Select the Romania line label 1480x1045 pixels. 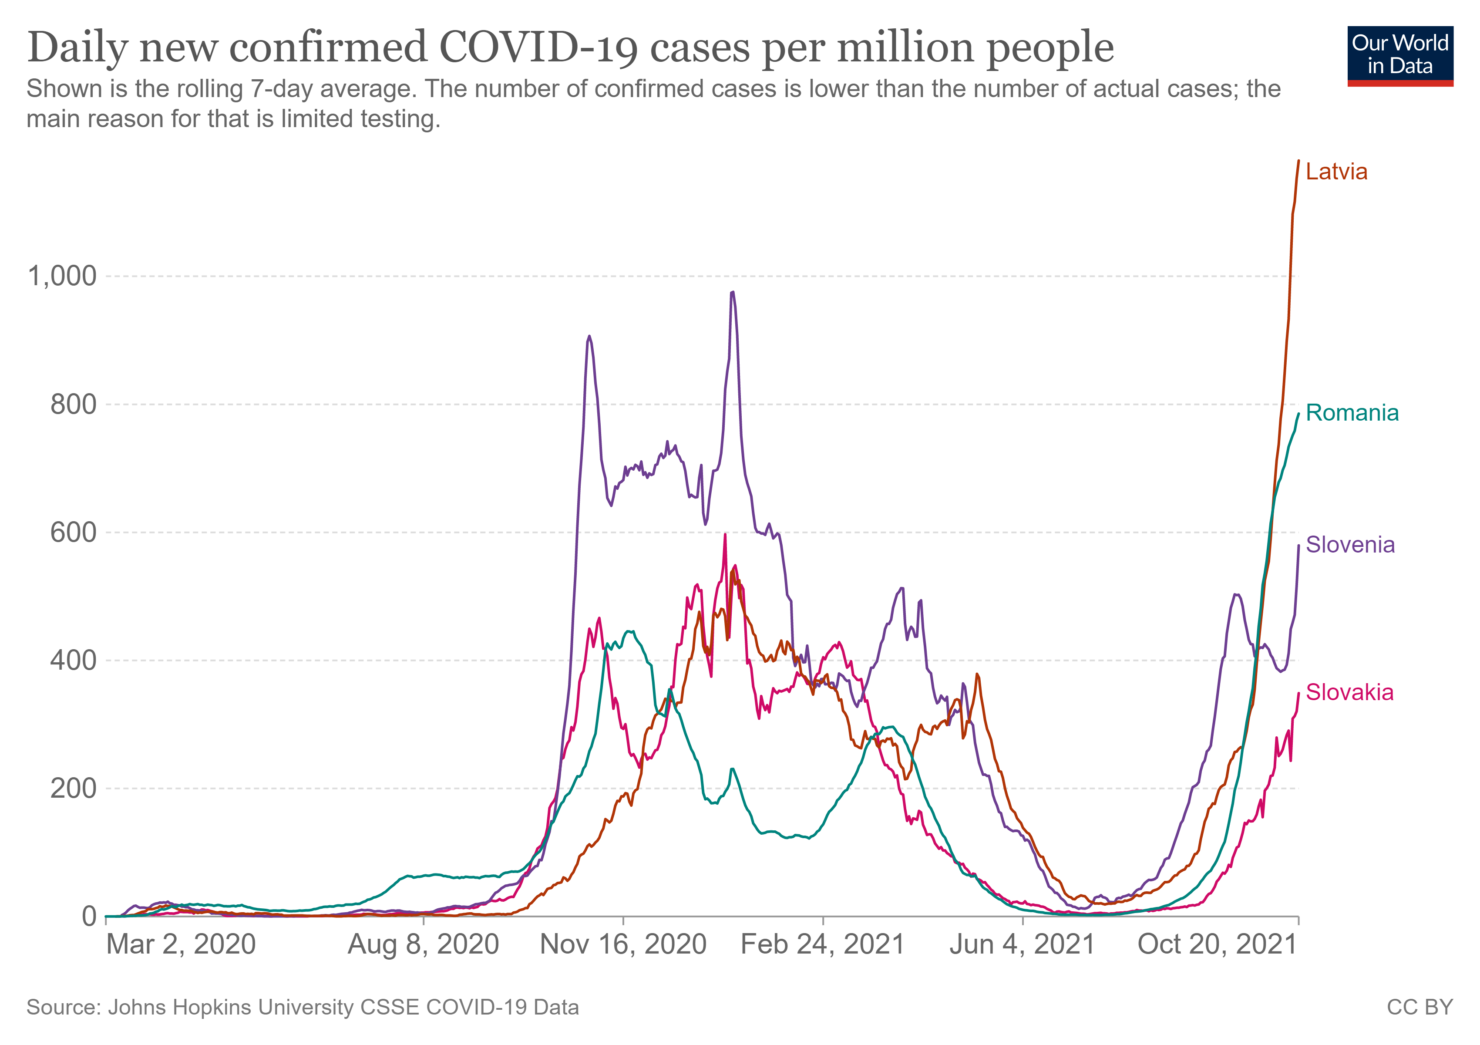[x=1352, y=413]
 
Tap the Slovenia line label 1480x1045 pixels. [x=1350, y=545]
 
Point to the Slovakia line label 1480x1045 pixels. [x=1349, y=692]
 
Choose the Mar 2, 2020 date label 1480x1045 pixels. [x=181, y=944]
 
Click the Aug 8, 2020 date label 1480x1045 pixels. [x=424, y=944]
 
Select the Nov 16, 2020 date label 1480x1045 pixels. [x=623, y=944]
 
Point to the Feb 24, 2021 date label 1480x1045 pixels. [x=823, y=944]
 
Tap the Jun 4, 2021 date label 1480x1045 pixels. [x=1023, y=944]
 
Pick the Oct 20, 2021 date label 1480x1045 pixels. [x=1217, y=944]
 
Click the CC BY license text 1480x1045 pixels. [x=1420, y=1007]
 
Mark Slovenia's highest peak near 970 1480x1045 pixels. [x=732, y=292]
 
